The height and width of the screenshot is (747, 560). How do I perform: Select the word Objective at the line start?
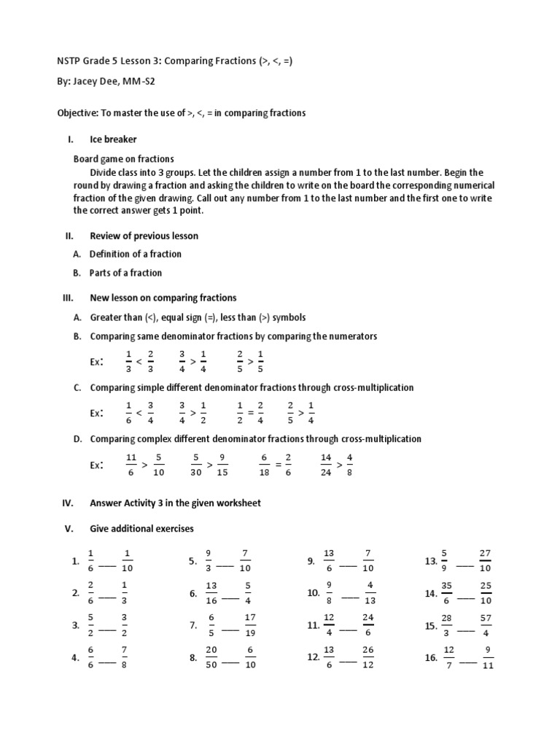78,113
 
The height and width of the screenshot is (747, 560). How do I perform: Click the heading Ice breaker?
113,139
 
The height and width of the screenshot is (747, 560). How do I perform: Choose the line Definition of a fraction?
136,254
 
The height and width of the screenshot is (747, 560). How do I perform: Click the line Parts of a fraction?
125,273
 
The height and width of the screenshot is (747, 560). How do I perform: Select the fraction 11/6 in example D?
131,465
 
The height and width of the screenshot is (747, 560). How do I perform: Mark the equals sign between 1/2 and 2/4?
250,412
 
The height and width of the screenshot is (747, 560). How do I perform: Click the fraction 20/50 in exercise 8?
211,657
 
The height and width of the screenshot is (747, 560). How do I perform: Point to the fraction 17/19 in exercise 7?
249,625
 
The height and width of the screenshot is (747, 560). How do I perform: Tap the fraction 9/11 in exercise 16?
488,657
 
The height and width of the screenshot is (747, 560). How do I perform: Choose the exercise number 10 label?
314,594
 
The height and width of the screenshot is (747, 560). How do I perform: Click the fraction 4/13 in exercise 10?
370,593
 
